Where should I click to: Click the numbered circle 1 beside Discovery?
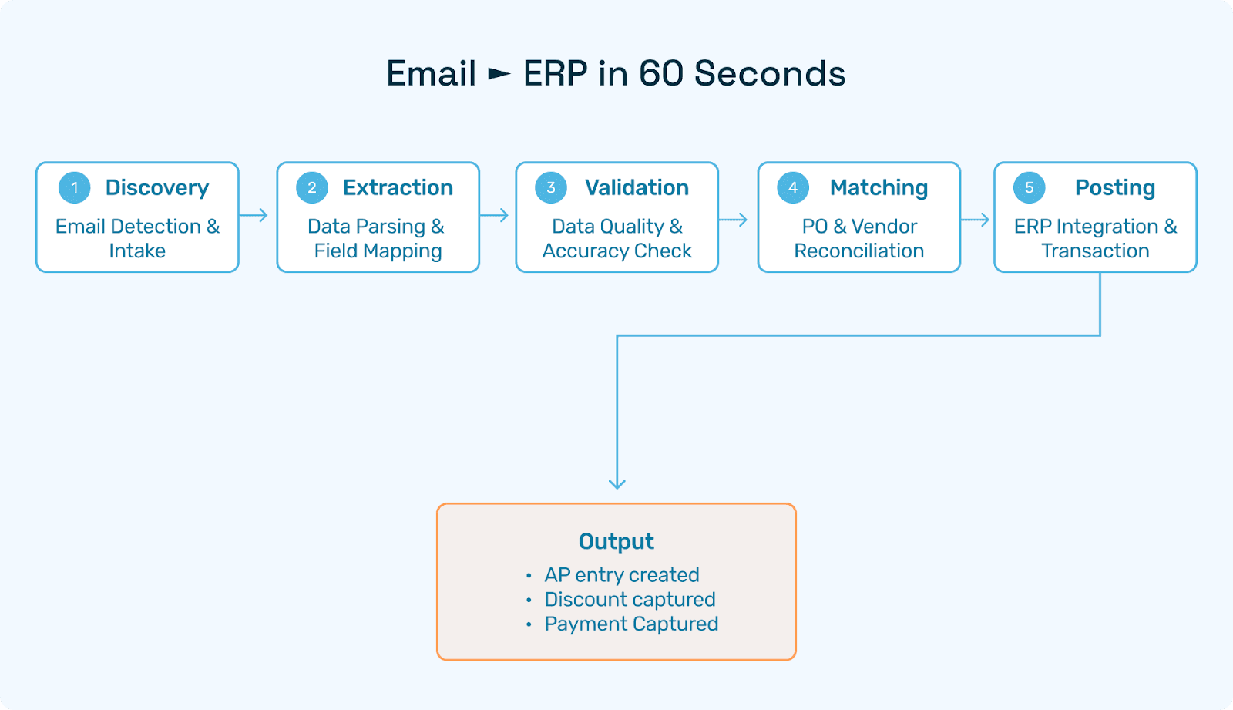tap(75, 187)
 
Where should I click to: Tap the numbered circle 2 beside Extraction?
tap(312, 187)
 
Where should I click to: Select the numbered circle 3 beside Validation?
tap(551, 187)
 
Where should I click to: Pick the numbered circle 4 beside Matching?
tap(793, 187)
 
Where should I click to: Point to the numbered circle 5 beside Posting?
tap(1029, 187)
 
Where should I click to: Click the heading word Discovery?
tap(157, 187)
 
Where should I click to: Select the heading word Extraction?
tap(398, 187)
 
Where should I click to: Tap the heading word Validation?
tap(637, 187)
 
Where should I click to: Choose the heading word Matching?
tap(879, 187)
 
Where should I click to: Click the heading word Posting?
tap(1115, 187)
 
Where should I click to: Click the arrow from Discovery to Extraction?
tap(254, 215)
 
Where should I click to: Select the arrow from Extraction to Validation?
tap(495, 215)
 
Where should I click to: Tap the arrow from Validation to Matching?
tap(734, 220)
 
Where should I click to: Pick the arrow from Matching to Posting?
tap(976, 220)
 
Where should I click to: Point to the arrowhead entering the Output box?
tap(617, 483)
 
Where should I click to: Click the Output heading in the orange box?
tap(616, 541)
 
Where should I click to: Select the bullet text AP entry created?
tap(622, 575)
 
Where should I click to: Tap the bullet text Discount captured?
tap(630, 600)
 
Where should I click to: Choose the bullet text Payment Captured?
tap(631, 624)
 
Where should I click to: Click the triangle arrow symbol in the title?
tap(499, 74)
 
